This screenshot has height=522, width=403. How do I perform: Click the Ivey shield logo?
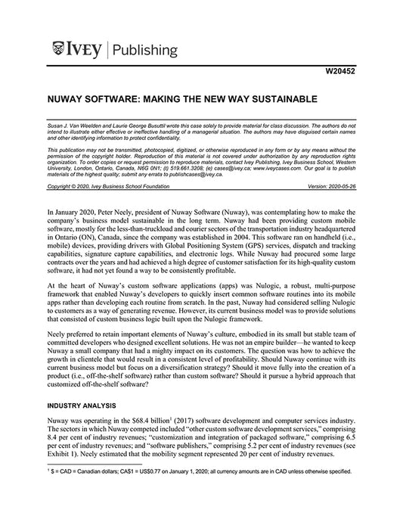point(60,51)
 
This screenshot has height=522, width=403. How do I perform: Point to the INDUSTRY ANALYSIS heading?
point(84,407)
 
